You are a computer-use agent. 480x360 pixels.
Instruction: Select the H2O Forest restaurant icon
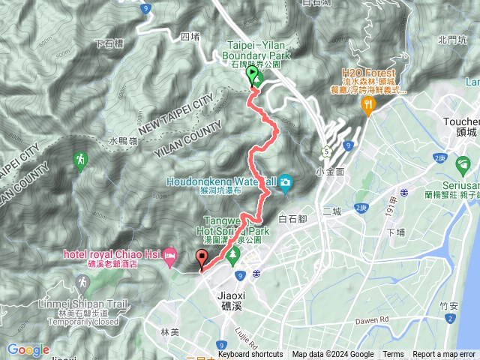tap(367, 106)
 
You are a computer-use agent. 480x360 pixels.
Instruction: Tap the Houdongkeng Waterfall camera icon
tap(286, 181)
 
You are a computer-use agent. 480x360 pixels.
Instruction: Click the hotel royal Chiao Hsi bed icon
tap(169, 256)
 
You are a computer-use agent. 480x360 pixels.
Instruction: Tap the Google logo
tap(28, 349)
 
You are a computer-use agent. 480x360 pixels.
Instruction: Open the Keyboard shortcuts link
tap(250, 355)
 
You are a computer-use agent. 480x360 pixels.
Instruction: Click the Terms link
tap(393, 355)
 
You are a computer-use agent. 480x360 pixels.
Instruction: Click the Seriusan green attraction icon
tap(464, 163)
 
